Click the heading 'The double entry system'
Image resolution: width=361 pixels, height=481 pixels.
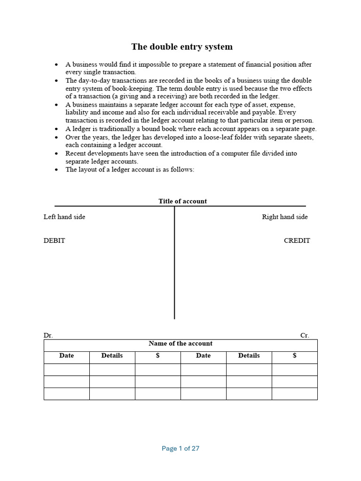tap(181, 47)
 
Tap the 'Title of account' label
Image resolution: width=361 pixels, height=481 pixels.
tap(182, 201)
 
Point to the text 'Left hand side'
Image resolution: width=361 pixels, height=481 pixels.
tap(64, 217)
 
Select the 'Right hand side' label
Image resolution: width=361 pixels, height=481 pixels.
tap(285, 217)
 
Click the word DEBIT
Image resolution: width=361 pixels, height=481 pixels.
tap(55, 240)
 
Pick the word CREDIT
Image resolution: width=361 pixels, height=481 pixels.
tap(297, 240)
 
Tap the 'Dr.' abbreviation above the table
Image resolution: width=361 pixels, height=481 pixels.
tap(48, 335)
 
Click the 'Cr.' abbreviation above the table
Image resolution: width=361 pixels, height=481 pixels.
tap(305, 335)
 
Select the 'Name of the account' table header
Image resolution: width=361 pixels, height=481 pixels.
tap(180, 343)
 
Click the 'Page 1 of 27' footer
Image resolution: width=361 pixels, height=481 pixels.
tap(180, 449)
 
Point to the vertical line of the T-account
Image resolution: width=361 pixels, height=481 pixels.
tap(174, 263)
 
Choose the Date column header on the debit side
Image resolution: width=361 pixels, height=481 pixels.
tap(67, 356)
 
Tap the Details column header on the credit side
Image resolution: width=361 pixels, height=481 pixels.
tap(249, 356)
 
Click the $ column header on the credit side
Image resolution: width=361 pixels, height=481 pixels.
tap(295, 356)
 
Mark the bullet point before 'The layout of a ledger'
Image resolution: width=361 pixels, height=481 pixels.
tap(56, 170)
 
